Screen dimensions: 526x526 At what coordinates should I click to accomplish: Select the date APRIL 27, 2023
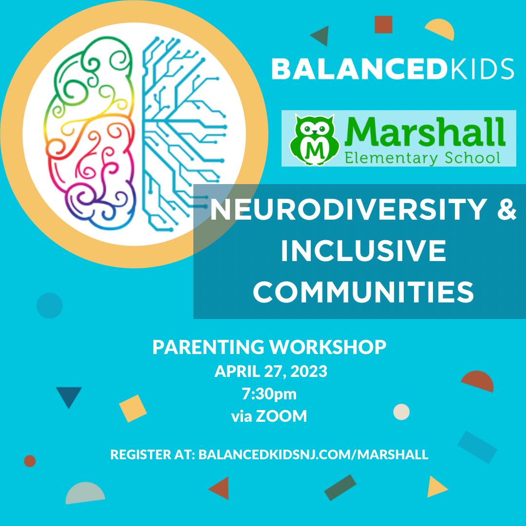click(x=271, y=372)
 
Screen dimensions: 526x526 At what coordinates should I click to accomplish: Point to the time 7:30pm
click(x=269, y=394)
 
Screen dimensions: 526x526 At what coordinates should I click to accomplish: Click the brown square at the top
click(x=383, y=24)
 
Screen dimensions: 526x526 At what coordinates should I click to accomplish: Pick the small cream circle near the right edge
click(x=401, y=412)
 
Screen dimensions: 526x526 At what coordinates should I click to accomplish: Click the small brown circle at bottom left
click(x=30, y=461)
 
